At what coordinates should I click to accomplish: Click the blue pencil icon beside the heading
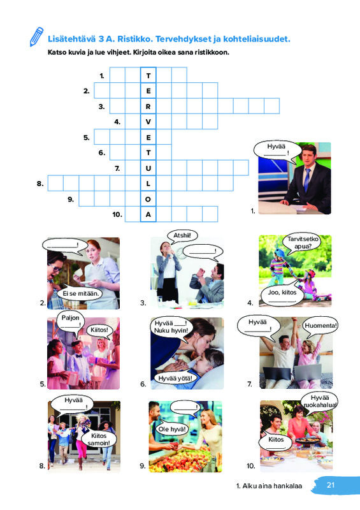coord(36,36)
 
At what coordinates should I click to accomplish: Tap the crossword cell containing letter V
coord(148,122)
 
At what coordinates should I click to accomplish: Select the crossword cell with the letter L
coord(148,184)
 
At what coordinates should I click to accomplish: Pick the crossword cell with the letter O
coord(148,199)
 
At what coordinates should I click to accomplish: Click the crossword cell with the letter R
coord(148,106)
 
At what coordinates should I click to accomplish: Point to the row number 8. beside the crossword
coord(40,184)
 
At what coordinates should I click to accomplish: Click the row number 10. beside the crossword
coord(117,215)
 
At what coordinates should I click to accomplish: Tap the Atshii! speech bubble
coord(182,236)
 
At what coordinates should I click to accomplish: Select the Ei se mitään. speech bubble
coord(80,293)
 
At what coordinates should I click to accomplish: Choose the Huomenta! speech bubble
coord(320,326)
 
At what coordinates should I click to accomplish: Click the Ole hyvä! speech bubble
coord(172,429)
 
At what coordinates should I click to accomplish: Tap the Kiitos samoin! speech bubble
coord(99,439)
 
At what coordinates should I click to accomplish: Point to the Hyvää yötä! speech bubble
coord(175,378)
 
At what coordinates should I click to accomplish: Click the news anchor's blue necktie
coord(306,180)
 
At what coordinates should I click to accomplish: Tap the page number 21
coord(331,485)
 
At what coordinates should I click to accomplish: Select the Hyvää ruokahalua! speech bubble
coord(320,402)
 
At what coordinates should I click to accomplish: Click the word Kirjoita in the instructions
coord(145,52)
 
